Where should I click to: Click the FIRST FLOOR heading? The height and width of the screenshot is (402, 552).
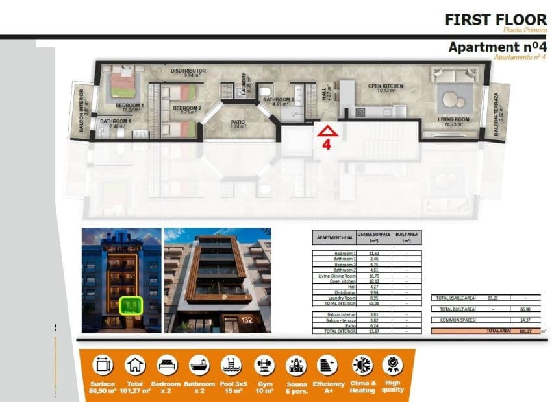pyautogui.click(x=496, y=19)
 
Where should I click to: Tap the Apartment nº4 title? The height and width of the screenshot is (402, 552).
pyautogui.click(x=497, y=47)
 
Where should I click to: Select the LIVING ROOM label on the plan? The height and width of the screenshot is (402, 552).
pyautogui.click(x=454, y=119)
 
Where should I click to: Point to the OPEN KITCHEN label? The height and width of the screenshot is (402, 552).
pyautogui.click(x=386, y=86)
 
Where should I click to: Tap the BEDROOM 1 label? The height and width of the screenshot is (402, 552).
pyautogui.click(x=130, y=105)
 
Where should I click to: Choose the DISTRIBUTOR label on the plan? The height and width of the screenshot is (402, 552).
pyautogui.click(x=188, y=70)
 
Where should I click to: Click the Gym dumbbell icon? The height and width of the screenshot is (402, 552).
pyautogui.click(x=263, y=364)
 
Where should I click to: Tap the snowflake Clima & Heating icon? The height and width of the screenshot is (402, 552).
pyautogui.click(x=362, y=364)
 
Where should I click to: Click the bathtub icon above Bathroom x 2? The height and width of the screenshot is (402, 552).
pyautogui.click(x=199, y=364)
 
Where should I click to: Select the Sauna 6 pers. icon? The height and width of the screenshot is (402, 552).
pyautogui.click(x=296, y=364)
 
